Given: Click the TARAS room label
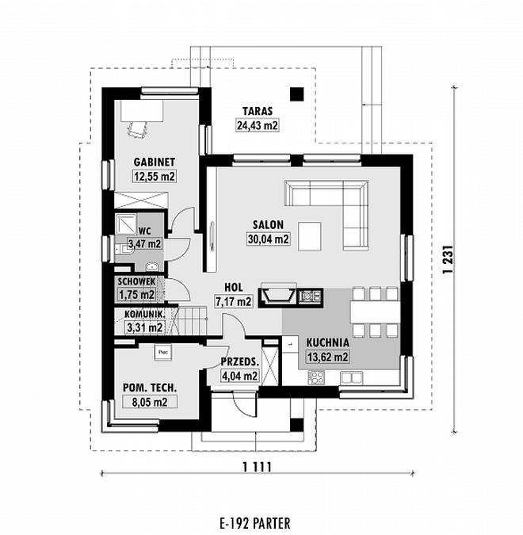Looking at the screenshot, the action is point(258,111).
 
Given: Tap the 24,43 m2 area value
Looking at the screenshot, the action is point(258,125).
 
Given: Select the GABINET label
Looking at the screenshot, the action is point(155,162).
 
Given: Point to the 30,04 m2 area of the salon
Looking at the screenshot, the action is point(268,239).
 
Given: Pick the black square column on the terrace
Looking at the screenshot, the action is point(297,94).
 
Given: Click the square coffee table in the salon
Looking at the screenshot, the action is point(310,236).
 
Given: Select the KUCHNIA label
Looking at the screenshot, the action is point(327,342).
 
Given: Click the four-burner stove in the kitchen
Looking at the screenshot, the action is point(316,378).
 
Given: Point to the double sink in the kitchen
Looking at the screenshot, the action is point(351,377).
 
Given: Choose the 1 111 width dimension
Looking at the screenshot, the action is point(258,466).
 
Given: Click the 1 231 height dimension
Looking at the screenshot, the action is point(449,259).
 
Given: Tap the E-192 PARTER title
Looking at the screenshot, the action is point(255,523).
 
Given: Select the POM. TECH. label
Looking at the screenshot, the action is point(150,388).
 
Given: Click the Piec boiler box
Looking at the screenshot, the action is point(163,352).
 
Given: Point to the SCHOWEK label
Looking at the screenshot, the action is point(136,282).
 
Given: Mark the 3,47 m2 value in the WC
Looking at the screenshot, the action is point(144,243).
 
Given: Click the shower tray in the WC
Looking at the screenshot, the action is point(126,224).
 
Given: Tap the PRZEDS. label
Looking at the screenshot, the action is point(240,361).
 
